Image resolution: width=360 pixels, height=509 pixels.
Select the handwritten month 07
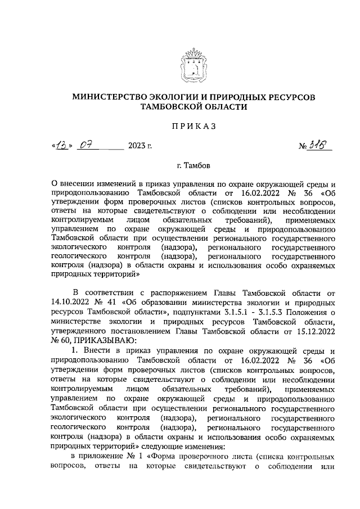click(86, 146)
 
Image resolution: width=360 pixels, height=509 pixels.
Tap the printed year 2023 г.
click(140, 147)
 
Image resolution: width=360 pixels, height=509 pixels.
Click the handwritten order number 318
click(322, 146)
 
